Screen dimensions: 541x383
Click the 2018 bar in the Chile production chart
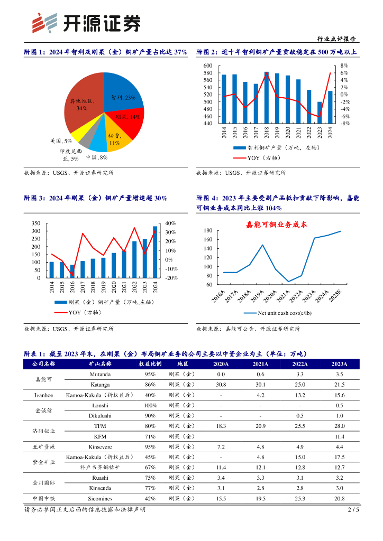266,97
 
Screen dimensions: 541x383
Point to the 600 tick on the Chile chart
207,66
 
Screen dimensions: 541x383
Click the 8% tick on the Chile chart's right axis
344,66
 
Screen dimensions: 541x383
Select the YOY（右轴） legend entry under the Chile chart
263,157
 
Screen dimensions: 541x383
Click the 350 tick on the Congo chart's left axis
35,223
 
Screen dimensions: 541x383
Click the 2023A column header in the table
339,364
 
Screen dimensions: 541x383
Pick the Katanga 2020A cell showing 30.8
221,384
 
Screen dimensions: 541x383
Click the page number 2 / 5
353,510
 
